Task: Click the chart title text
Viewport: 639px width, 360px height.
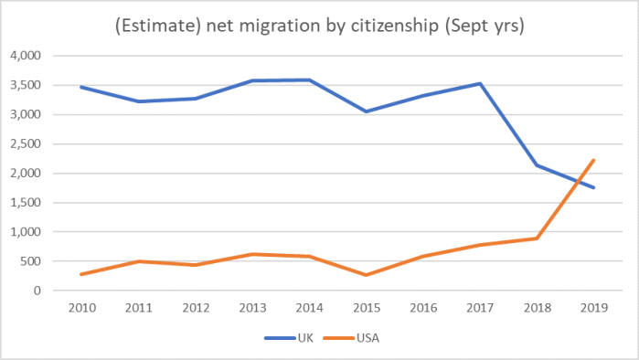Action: tap(319, 26)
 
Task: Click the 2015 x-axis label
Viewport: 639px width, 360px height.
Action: tap(366, 309)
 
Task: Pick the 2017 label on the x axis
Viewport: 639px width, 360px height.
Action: tap(481, 309)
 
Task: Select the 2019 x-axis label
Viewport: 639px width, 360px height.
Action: tap(593, 309)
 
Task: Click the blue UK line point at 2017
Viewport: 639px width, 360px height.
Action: tap(481, 84)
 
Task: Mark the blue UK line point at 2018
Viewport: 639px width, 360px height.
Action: tap(537, 165)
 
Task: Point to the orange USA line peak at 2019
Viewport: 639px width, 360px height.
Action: tap(593, 160)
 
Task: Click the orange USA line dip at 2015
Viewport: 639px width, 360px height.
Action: tap(366, 275)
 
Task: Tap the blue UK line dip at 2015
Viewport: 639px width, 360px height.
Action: tap(366, 111)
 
